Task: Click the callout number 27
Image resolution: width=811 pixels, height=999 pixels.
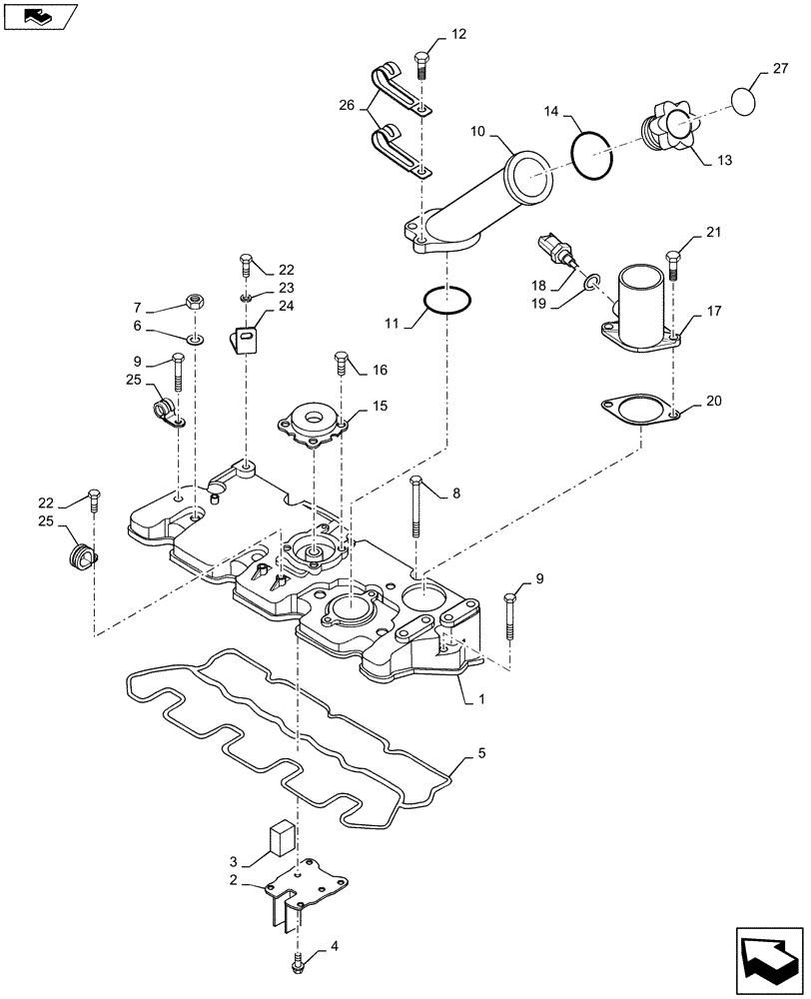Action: [780, 70]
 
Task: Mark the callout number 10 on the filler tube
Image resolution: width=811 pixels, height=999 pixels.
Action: [477, 131]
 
